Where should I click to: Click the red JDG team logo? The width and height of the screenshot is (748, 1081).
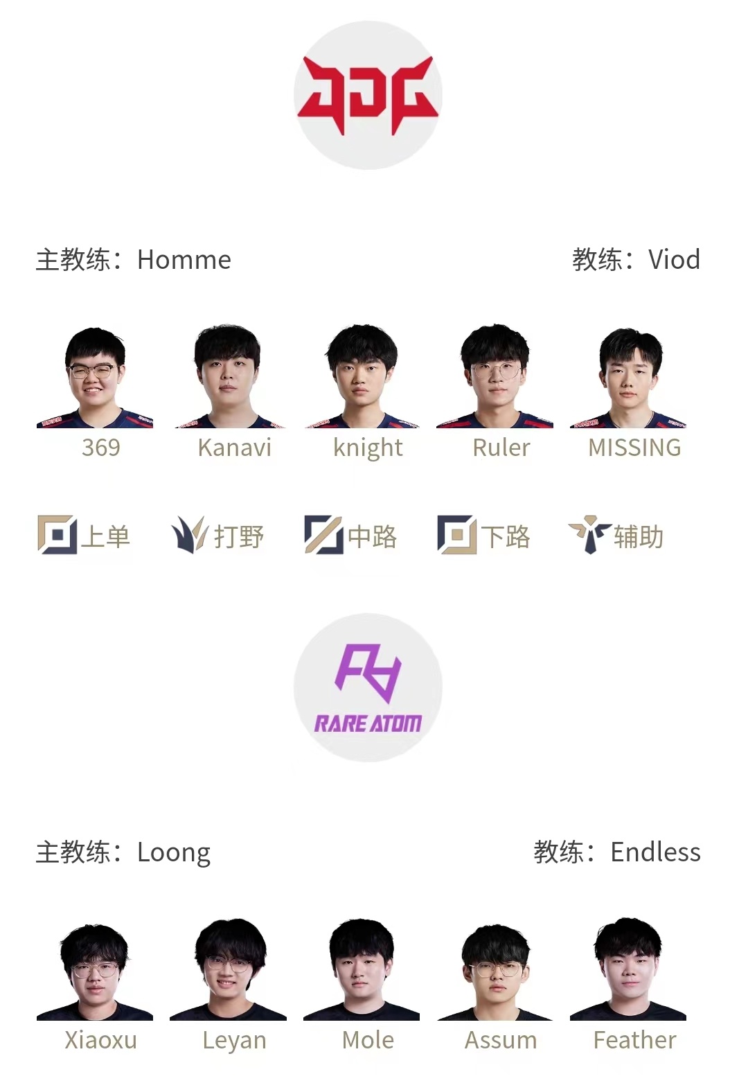(368, 95)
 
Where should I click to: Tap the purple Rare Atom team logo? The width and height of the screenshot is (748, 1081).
(368, 687)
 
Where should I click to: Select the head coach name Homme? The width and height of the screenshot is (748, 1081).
(184, 260)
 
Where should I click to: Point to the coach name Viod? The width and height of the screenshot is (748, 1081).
(674, 260)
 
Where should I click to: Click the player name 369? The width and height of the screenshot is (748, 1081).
(101, 448)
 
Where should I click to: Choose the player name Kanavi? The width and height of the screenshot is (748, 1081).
(234, 448)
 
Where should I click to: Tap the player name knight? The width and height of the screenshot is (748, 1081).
(368, 448)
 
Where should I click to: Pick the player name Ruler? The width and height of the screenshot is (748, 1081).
(501, 448)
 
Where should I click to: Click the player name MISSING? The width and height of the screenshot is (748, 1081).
(634, 448)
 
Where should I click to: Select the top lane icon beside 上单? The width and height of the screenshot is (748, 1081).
(57, 535)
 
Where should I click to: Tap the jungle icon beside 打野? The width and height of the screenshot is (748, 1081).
(189, 535)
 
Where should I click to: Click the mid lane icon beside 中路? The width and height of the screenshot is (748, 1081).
(323, 535)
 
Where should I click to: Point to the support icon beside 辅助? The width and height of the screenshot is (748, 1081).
(589, 535)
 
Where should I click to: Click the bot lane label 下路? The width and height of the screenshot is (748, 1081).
(506, 536)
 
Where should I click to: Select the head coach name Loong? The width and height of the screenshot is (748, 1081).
(174, 853)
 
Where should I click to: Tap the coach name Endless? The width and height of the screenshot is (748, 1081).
(655, 852)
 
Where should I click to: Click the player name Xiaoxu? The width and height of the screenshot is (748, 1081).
(101, 1040)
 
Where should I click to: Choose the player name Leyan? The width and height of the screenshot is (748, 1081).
(234, 1041)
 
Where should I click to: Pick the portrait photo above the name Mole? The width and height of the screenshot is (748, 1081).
(362, 970)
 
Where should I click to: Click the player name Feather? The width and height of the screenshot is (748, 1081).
(634, 1040)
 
